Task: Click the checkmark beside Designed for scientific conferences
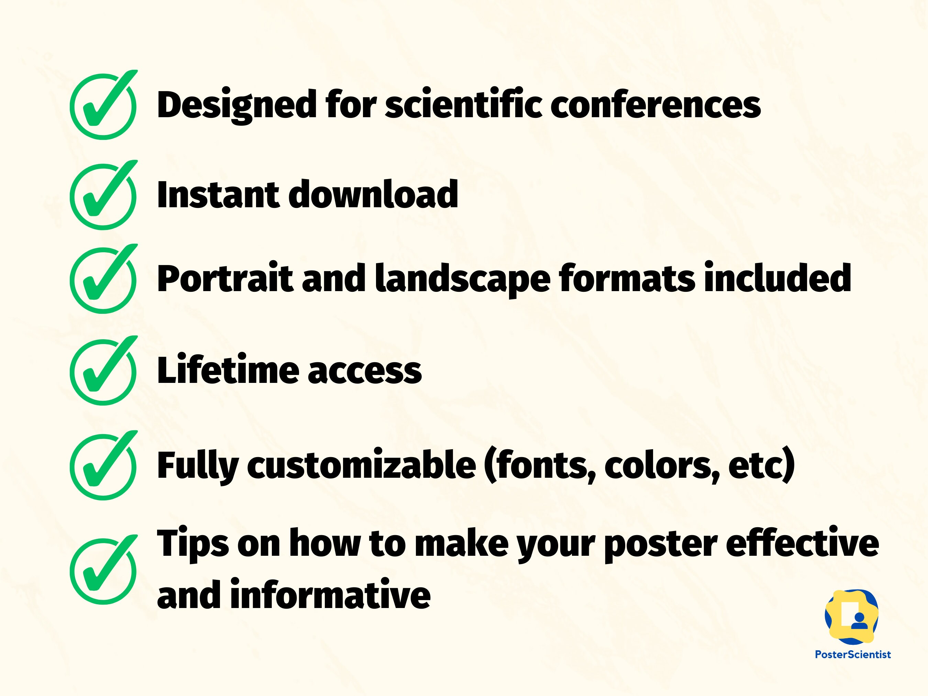pos(103,106)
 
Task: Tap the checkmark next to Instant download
pos(103,196)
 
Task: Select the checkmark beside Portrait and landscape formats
pos(103,280)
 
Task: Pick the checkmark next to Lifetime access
pos(103,372)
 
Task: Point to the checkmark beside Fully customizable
pos(103,466)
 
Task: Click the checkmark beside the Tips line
pos(103,571)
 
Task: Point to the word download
pos(373,195)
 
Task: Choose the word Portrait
pos(224,278)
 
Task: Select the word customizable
pos(361,465)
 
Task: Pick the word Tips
pos(192,544)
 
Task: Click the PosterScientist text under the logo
pos(852,654)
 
